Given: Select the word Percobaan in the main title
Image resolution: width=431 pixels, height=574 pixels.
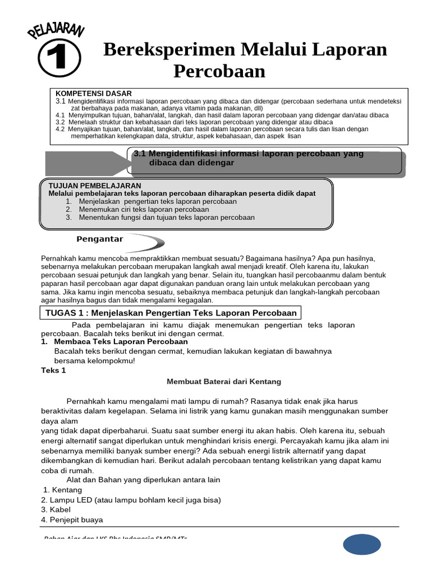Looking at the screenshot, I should [219, 72].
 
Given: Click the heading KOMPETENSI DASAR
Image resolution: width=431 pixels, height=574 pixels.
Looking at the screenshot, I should [93, 94].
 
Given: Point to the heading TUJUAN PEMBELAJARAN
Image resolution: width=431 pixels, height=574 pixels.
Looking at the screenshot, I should [95, 186].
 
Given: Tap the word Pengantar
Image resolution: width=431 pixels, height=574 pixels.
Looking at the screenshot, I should [99, 239].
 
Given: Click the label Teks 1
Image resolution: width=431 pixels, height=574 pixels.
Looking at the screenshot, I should [54, 371].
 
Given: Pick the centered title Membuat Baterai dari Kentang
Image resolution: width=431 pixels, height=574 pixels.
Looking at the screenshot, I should [224, 382].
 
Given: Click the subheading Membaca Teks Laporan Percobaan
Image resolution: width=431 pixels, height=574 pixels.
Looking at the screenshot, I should [121, 341].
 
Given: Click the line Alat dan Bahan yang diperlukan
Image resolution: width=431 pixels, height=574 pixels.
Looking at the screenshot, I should [143, 480].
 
